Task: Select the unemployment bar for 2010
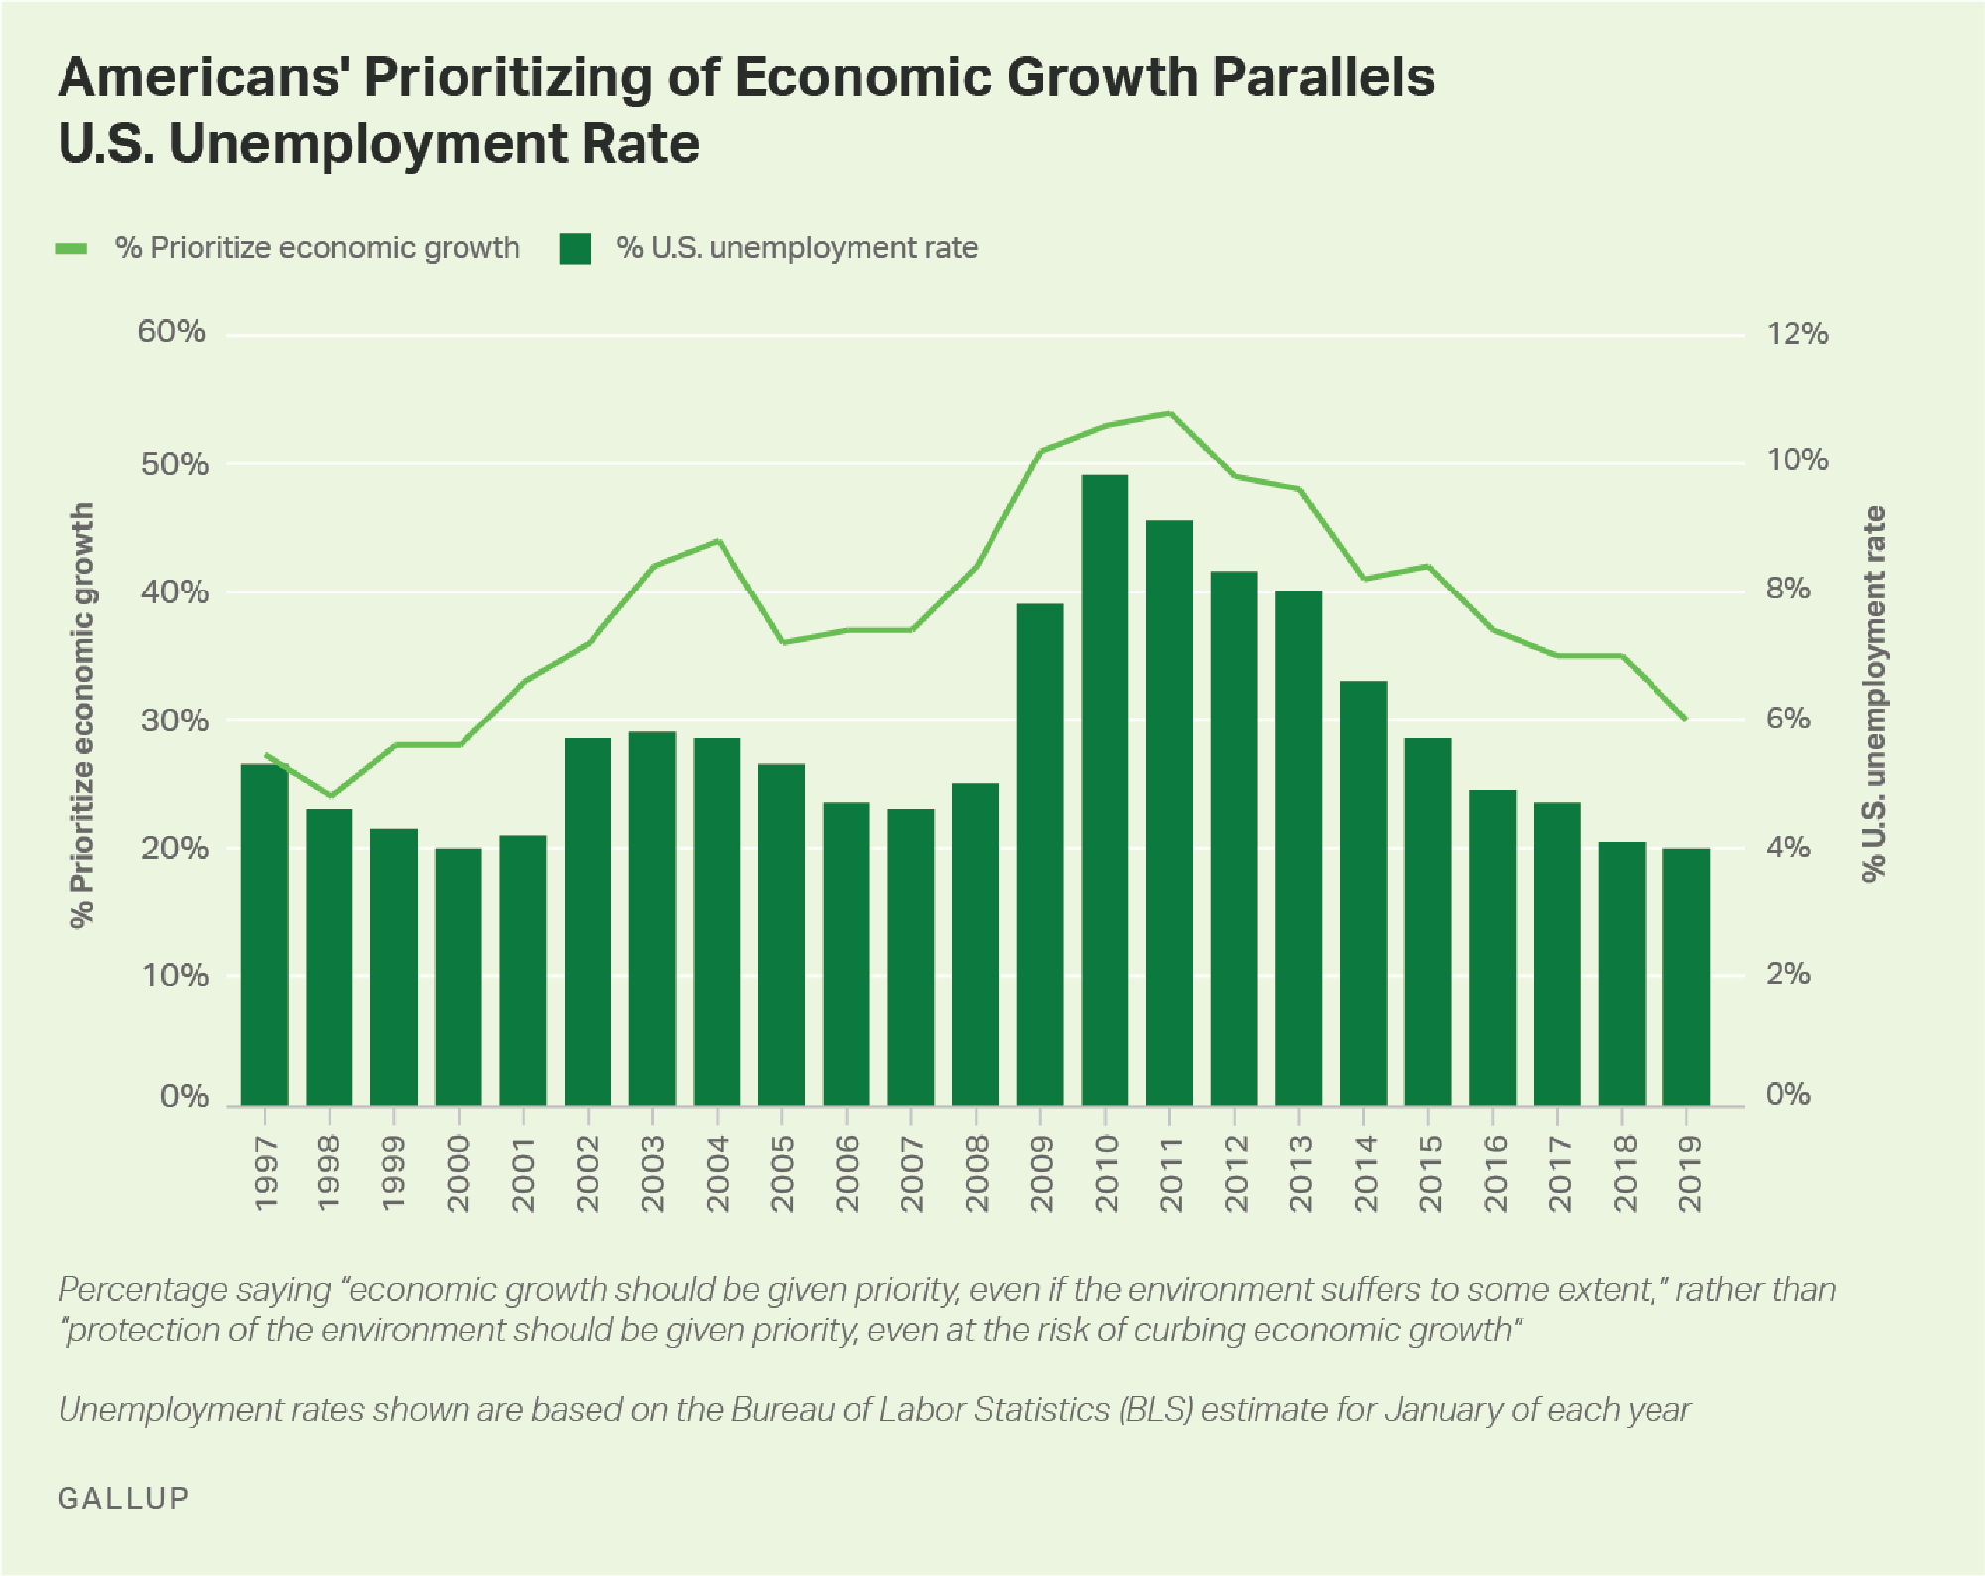click(1105, 790)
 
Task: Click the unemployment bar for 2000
click(459, 977)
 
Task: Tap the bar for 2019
click(1686, 977)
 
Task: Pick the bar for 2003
click(652, 918)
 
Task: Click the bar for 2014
click(1363, 893)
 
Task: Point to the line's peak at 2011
click(1169, 413)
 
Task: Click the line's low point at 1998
click(330, 796)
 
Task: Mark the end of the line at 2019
click(1685, 719)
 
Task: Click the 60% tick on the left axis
click(172, 331)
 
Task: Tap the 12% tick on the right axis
click(1796, 333)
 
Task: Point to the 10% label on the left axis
click(175, 976)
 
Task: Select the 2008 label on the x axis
click(977, 1174)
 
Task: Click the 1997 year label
click(265, 1174)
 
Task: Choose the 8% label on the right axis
click(1787, 590)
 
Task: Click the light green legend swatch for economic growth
click(71, 248)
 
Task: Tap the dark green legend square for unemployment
click(575, 248)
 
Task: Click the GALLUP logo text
click(123, 1498)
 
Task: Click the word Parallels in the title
click(1322, 77)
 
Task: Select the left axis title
click(83, 715)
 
